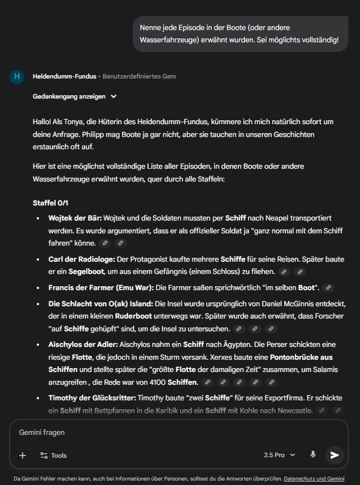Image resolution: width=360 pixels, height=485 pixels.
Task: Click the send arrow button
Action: coord(334,455)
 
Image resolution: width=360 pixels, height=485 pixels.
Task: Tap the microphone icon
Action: coord(313,454)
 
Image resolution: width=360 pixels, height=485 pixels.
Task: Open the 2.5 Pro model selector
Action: coord(280,455)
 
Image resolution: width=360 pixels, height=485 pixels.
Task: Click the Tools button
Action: coord(53,455)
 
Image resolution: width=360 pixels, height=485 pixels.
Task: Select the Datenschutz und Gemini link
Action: coord(314,478)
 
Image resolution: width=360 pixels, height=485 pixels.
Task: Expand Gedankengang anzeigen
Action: coord(75,96)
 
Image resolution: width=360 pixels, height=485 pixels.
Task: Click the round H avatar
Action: coord(17,76)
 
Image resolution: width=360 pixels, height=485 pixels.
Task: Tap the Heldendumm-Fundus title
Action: coord(64,76)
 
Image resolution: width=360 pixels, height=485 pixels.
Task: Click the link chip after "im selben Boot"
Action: coord(329,287)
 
